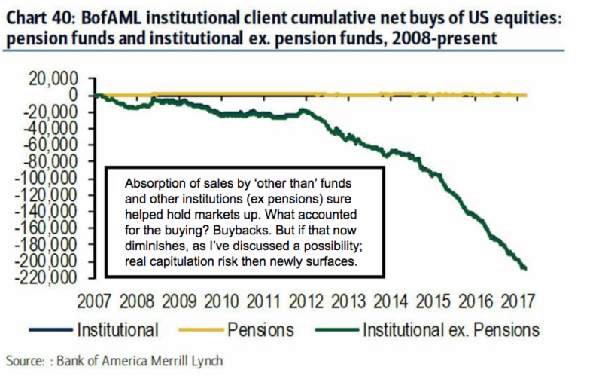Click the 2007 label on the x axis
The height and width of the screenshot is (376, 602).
click(x=95, y=300)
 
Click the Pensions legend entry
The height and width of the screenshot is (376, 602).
click(x=261, y=329)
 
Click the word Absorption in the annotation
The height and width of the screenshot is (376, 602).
click(x=148, y=184)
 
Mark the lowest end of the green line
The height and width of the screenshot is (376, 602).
click(x=524, y=268)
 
